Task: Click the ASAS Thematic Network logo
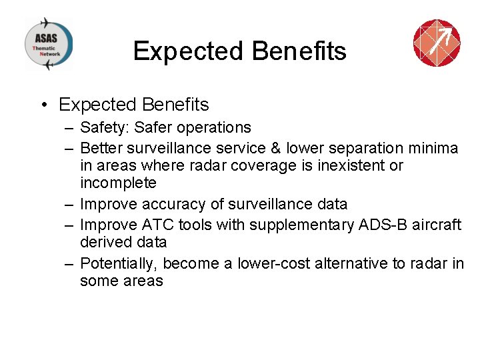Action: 49,44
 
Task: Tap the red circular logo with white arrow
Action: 437,43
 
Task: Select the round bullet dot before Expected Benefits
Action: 43,105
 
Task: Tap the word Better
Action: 101,148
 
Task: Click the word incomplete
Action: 118,183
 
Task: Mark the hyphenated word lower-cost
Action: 272,263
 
